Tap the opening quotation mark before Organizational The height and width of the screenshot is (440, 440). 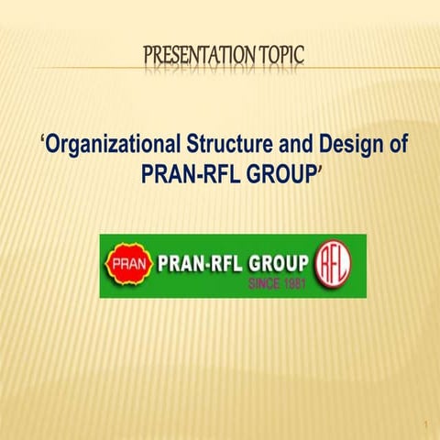pos(44,140)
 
